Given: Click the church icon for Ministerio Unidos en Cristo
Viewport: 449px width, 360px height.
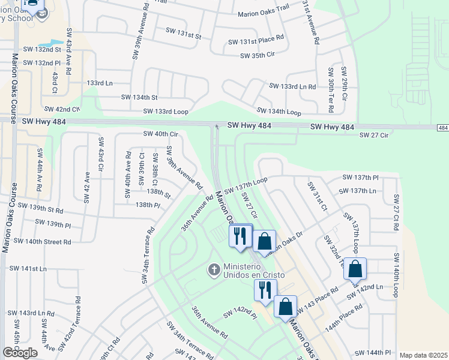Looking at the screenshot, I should [213, 269].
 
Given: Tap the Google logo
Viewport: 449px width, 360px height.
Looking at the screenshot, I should [20, 353].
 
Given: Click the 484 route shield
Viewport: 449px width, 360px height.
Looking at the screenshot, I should [442, 128].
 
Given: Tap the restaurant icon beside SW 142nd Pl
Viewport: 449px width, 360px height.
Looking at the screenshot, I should [264, 290].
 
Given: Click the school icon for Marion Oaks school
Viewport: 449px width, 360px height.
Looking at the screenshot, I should [41, 13].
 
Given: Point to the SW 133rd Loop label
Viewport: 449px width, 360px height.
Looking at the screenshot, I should [166, 111].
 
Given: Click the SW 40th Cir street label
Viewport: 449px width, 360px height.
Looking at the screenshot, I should [161, 134].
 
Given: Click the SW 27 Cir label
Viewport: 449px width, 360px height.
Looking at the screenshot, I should [375, 136].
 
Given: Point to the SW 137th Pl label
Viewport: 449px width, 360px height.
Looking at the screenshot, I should [360, 178].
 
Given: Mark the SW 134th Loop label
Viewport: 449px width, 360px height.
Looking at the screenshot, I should [279, 111].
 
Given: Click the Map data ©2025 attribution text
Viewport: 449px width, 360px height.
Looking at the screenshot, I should [423, 355].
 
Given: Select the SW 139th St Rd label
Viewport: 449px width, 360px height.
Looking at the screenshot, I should [40, 208].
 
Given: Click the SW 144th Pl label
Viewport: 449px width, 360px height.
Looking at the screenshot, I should [373, 353].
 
